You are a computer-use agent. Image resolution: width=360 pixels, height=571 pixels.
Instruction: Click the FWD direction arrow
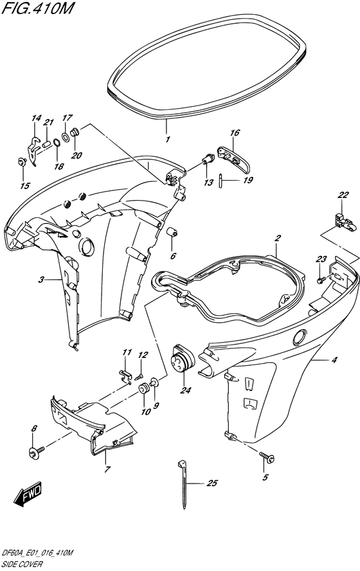coord(28,494)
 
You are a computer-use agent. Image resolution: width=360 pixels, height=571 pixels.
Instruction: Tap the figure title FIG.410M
coord(37,8)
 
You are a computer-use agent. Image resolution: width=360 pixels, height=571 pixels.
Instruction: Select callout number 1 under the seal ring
coord(167,140)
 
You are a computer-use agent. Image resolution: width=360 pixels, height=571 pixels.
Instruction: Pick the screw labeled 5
coord(267,457)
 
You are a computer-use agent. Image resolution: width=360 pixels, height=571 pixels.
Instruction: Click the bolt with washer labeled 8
coord(36,451)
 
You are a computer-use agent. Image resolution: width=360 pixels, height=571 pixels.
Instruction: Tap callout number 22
coord(343,195)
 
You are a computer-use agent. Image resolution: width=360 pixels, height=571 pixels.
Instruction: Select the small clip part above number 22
coord(343,222)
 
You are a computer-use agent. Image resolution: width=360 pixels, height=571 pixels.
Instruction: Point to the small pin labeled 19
coord(221,181)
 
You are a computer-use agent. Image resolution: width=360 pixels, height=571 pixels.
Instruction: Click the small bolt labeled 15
coord(21,161)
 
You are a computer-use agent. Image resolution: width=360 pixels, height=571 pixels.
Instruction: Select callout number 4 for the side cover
coord(334,360)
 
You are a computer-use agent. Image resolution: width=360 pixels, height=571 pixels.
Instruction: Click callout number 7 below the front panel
coord(107,469)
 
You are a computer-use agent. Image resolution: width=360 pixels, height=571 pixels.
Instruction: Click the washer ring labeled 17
coord(65,138)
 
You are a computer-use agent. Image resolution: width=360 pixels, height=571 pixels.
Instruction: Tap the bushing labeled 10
coord(144,388)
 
